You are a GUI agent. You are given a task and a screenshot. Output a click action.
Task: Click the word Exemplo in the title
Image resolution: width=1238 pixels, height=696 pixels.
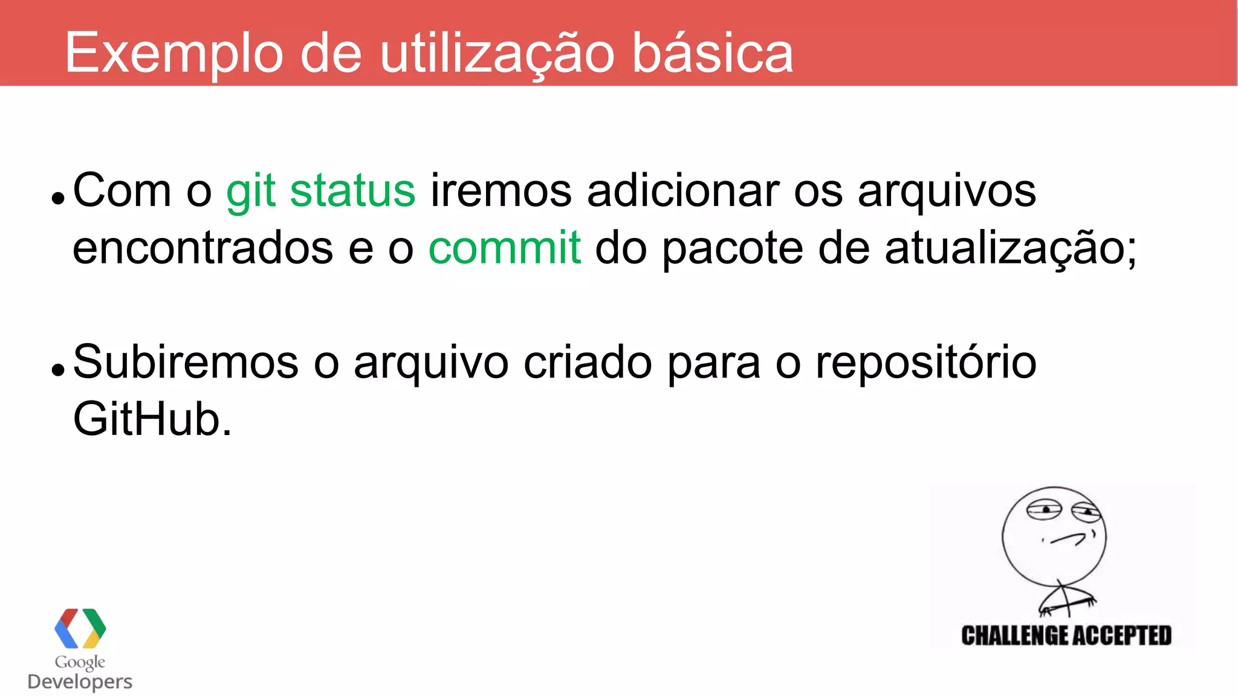(173, 53)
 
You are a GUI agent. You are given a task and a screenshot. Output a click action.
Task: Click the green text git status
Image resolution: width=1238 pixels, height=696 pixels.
(320, 191)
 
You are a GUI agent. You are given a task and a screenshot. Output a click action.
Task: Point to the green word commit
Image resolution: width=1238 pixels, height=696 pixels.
(505, 248)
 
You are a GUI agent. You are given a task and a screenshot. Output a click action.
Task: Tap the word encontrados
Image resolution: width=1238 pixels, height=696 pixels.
(203, 248)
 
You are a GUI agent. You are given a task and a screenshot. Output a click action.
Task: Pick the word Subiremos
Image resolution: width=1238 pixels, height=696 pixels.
(186, 362)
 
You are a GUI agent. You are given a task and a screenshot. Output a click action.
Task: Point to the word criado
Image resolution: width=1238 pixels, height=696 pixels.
(588, 362)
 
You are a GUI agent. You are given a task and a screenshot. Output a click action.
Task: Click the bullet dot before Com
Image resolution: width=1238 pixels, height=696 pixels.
(58, 198)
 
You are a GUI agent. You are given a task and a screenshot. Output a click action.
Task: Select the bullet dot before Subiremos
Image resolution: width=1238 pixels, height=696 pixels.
(58, 369)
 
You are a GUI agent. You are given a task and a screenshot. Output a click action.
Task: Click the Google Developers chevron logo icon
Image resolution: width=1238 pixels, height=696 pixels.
(80, 628)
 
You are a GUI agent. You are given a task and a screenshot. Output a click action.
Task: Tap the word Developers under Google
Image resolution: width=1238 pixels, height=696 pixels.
(80, 681)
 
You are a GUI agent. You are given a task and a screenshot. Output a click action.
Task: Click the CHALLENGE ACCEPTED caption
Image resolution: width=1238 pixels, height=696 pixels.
(1066, 636)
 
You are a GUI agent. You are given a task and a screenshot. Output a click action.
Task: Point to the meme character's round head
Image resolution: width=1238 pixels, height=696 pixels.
(1054, 535)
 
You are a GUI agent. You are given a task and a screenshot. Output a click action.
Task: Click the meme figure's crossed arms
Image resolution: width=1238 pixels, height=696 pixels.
(1067, 600)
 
